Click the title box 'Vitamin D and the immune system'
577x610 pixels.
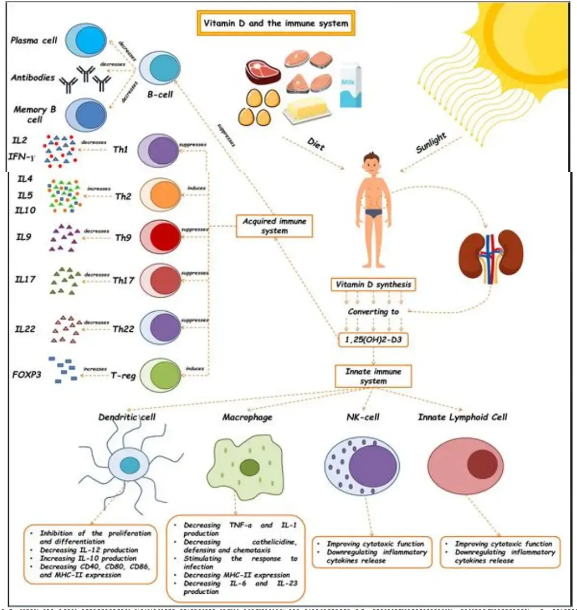(275, 24)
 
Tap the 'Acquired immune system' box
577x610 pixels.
(275, 226)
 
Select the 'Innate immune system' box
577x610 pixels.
(373, 376)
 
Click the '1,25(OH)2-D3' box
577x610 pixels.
(373, 340)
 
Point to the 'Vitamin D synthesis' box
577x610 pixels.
(373, 285)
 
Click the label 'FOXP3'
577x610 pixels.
(26, 374)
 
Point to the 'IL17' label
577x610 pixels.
(25, 280)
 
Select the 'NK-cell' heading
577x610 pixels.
(362, 417)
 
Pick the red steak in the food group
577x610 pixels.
(262, 70)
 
